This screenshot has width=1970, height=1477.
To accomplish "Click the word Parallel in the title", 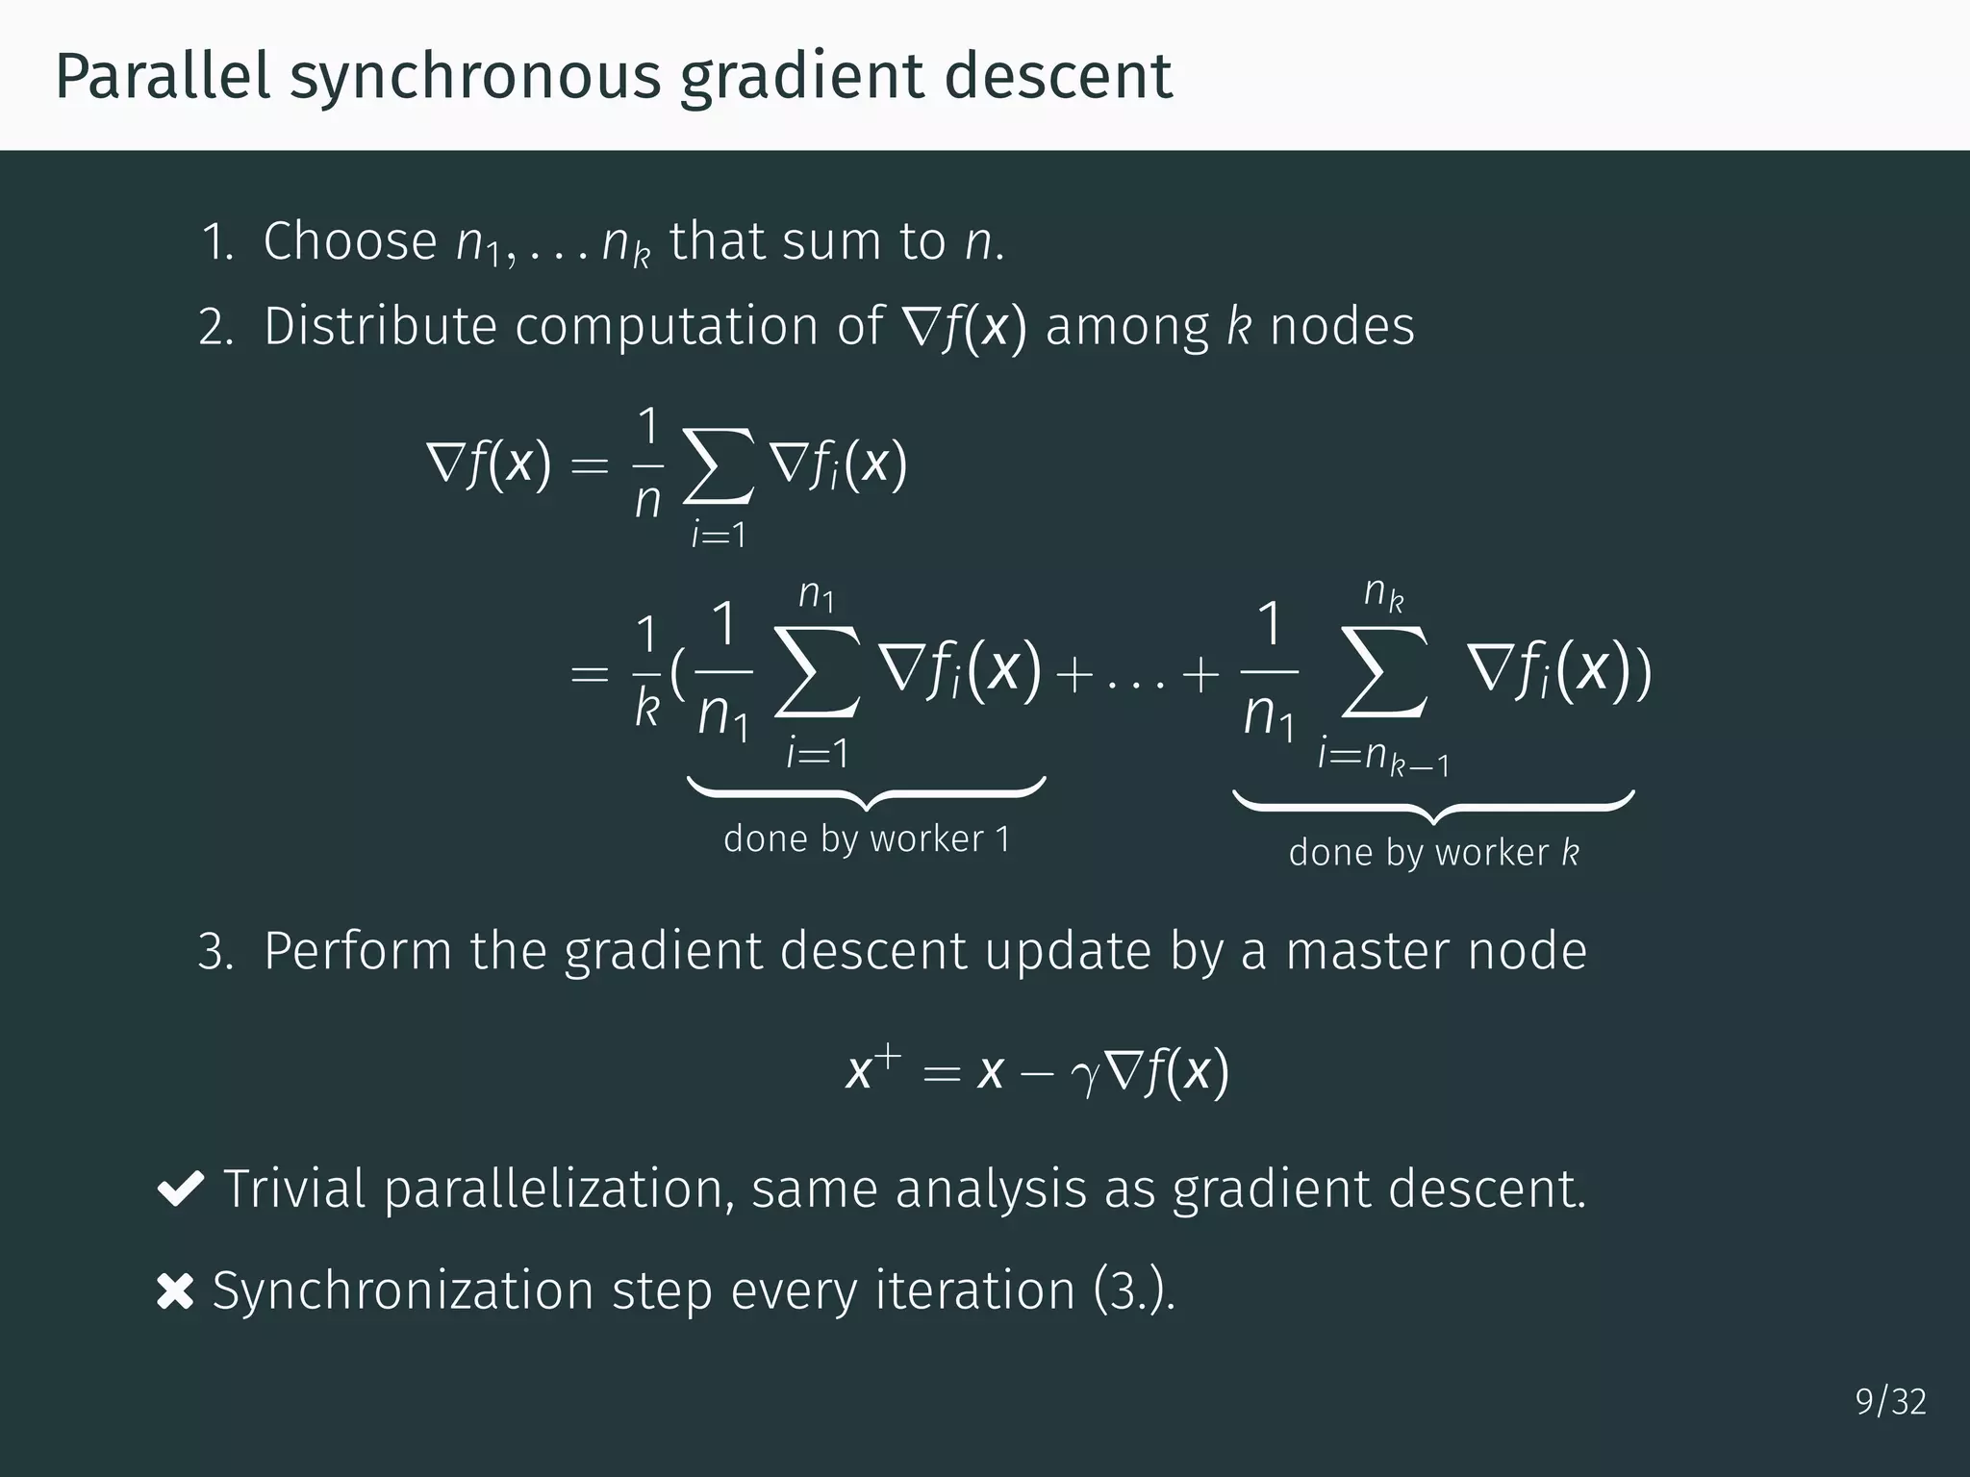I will pyautogui.click(x=163, y=76).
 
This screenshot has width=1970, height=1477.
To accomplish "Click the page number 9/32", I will pyautogui.click(x=1890, y=1402).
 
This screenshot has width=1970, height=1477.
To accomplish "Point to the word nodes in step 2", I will pyautogui.click(x=1342, y=326).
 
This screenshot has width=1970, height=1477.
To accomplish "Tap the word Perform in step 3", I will pyautogui.click(x=357, y=951).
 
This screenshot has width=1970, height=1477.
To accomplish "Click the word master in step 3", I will pyautogui.click(x=1367, y=951).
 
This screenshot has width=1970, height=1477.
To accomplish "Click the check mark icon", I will pyautogui.click(x=179, y=1189).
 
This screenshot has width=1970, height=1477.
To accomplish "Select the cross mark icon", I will pyautogui.click(x=174, y=1290).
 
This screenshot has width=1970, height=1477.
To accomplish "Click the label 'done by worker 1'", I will pyautogui.click(x=867, y=839).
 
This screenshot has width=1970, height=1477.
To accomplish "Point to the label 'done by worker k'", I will pyautogui.click(x=1433, y=853).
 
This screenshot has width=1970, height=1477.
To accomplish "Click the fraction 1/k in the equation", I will pyautogui.click(x=647, y=672).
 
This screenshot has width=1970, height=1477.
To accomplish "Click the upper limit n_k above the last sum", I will pyautogui.click(x=1383, y=593).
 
